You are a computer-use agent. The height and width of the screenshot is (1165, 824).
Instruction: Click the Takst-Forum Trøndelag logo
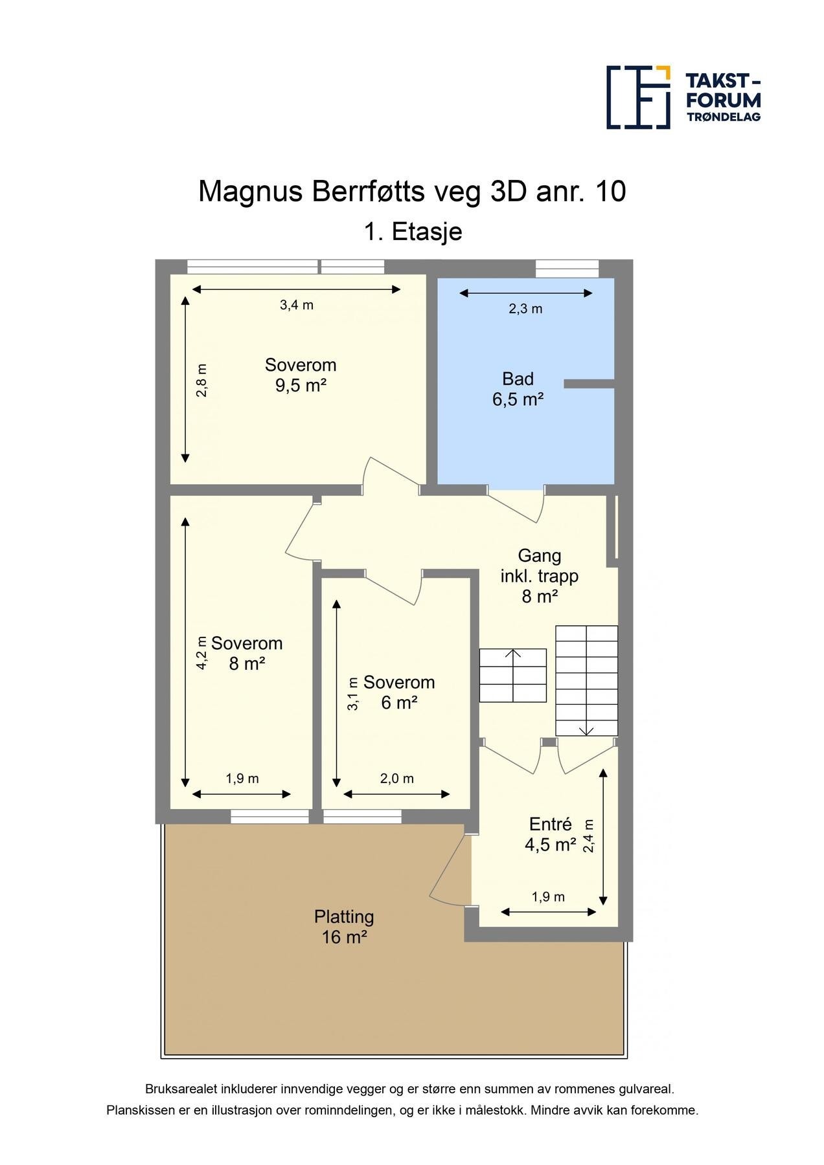coord(683,96)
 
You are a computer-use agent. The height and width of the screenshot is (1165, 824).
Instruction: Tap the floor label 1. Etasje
coord(413,231)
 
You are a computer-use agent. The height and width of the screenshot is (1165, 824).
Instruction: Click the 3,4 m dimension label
coord(297,305)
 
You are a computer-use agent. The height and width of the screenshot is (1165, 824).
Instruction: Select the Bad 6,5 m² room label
coord(518,389)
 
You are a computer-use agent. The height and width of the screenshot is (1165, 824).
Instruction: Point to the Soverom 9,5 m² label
coord(301,375)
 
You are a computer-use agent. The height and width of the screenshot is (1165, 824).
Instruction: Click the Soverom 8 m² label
coord(247,653)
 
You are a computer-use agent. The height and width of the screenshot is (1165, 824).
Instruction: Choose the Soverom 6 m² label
coord(398,692)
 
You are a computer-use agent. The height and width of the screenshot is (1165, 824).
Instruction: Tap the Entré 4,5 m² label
coord(551,834)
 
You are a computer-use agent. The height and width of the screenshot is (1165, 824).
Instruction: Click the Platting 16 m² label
coord(344,927)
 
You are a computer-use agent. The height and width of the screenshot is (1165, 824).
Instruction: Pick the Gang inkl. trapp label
coord(540,575)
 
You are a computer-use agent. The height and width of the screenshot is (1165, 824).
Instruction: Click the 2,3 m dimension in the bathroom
coord(525,309)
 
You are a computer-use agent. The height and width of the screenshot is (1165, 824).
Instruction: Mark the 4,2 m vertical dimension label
coord(201,653)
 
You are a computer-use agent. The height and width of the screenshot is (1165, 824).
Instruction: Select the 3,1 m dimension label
coord(353,694)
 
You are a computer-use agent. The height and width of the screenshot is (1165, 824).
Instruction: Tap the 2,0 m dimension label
coord(396,779)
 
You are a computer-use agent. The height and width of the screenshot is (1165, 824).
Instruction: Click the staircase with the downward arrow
coord(586,680)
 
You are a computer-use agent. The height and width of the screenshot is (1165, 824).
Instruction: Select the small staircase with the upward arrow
coord(513,675)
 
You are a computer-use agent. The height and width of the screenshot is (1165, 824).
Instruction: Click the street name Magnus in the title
coord(251,192)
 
